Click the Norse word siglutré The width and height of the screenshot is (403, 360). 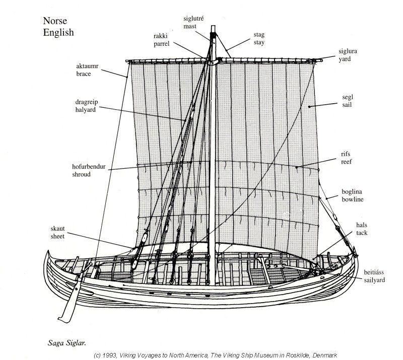pyautogui.click(x=193, y=19)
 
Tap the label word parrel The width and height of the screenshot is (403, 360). pyautogui.click(x=161, y=44)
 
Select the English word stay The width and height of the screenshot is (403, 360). pyautogui.click(x=259, y=42)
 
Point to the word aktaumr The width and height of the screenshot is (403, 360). pyautogui.click(x=87, y=66)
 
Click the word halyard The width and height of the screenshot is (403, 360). pyautogui.click(x=85, y=110)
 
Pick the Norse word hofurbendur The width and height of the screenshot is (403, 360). pyautogui.click(x=89, y=167)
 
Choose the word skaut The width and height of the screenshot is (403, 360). pyautogui.click(x=57, y=229)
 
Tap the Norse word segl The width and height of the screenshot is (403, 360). pyautogui.click(x=348, y=97)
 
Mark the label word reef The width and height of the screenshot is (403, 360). pyautogui.click(x=346, y=162)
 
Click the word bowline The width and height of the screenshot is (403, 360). pyautogui.click(x=352, y=199)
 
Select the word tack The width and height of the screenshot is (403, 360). pyautogui.click(x=362, y=233)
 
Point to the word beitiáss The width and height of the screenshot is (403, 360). pyautogui.click(x=374, y=272)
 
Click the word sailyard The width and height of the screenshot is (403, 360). pyautogui.click(x=374, y=280)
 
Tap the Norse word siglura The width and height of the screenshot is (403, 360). pyautogui.click(x=348, y=51)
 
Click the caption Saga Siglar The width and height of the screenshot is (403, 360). pyautogui.click(x=67, y=343)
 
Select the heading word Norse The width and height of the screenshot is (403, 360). pyautogui.click(x=55, y=21)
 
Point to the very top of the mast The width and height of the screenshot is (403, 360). pyautogui.click(x=213, y=26)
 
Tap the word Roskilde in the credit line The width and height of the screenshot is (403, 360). pyautogui.click(x=297, y=355)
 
